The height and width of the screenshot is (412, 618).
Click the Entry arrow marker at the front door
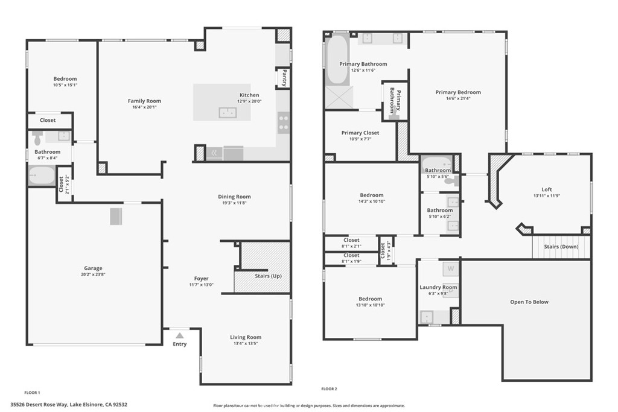pos(179,335)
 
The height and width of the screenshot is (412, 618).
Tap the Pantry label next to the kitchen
pos(283,78)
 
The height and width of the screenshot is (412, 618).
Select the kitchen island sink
pos(228,112)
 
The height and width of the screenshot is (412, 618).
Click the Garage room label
pos(93,268)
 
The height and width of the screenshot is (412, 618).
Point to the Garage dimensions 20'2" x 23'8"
pos(93,274)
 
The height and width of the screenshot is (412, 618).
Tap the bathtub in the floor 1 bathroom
pos(42,176)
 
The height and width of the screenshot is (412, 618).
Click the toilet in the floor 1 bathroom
pos(37,139)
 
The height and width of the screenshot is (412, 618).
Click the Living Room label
pos(246,337)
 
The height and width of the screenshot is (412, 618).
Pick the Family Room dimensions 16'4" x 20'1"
pos(144,107)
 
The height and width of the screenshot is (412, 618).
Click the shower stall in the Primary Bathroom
pos(339,97)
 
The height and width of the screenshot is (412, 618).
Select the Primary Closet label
pos(360,133)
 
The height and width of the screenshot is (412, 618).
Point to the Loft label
pos(547,189)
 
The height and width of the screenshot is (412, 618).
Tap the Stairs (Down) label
pos(561,247)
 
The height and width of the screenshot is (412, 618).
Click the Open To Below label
pos(529,302)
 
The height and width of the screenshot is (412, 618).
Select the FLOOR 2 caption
pos(329,389)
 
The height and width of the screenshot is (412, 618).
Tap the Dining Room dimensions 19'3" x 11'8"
pos(234,203)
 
